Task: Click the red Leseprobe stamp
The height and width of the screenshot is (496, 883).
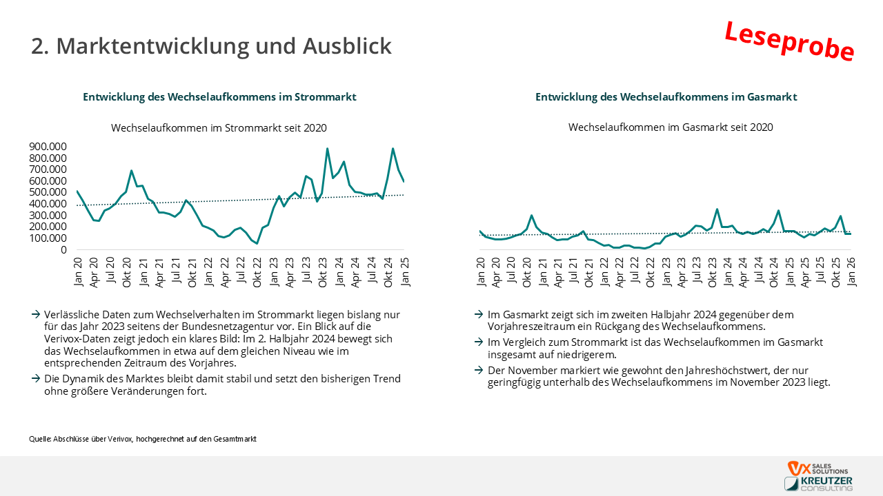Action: point(789,42)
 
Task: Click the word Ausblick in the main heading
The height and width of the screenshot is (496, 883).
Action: point(347,45)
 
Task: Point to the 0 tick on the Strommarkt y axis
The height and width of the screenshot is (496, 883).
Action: point(63,249)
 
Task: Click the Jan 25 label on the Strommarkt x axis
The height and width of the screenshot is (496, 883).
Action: point(405,272)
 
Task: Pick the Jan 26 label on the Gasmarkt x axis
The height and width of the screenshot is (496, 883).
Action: point(851,272)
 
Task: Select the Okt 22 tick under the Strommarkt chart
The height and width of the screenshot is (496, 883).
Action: point(257,272)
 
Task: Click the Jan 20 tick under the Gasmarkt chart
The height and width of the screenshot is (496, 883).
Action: point(481,272)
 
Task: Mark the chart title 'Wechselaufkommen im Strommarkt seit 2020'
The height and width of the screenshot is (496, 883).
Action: point(219,128)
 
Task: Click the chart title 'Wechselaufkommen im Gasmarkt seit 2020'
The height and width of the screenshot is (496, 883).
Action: point(671,127)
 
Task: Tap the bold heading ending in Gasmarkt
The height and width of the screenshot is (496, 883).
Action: point(666,97)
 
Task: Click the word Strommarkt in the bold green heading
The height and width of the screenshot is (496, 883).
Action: point(325,97)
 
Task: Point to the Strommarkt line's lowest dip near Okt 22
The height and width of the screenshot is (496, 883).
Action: point(257,243)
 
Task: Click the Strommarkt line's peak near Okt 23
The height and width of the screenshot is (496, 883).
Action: point(327,149)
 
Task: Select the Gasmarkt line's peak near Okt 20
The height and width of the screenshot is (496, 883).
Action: point(532,216)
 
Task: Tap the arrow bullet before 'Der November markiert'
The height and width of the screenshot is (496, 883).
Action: point(479,370)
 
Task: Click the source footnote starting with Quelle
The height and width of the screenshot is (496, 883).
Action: point(143,439)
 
